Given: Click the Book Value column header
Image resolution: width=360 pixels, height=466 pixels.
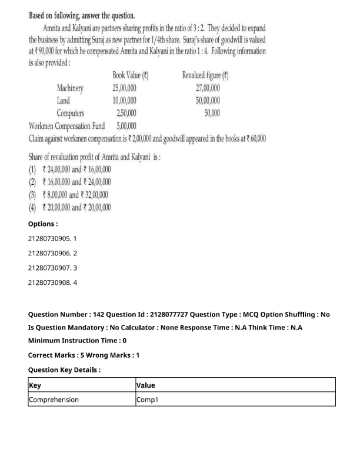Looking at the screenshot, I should [x=130, y=75].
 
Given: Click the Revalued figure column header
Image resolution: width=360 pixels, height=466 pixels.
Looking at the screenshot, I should [x=205, y=75].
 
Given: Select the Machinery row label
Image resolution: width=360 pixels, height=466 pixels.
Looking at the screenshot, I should [x=70, y=88].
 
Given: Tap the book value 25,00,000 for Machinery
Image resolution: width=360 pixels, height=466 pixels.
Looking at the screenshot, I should [x=125, y=88].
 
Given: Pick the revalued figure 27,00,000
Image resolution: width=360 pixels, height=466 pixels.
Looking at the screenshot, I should [x=208, y=88].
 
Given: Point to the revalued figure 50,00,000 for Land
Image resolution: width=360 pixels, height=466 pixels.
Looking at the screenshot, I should [x=208, y=101].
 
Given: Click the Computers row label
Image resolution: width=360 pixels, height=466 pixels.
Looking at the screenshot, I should [x=71, y=113].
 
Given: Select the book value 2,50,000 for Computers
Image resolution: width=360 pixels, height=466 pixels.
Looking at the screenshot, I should [x=126, y=113].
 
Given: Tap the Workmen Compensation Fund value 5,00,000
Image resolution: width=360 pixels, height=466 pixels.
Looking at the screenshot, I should [x=126, y=126].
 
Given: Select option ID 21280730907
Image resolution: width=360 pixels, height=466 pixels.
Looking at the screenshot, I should [x=52, y=268].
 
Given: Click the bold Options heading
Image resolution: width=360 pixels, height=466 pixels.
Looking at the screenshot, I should [x=43, y=224].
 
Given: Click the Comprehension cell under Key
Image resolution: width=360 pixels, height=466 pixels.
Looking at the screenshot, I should [x=54, y=400].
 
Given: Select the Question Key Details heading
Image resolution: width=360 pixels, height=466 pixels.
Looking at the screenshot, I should [x=64, y=370].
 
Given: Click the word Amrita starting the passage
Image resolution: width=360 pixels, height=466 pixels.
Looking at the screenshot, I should [x=55, y=28].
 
